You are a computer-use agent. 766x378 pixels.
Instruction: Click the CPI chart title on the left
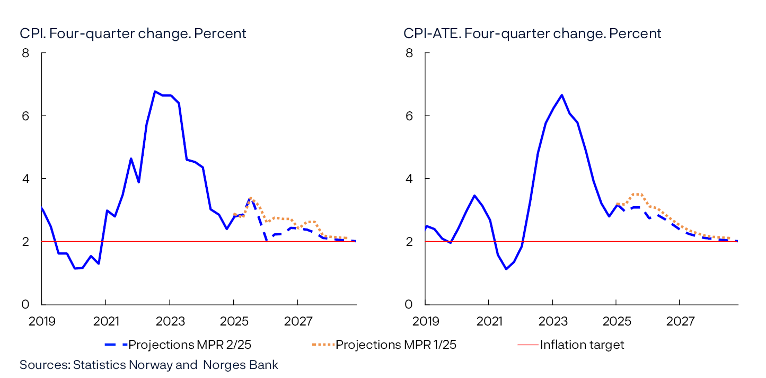pos(133,33)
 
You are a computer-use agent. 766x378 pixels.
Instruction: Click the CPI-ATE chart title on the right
pos(532,33)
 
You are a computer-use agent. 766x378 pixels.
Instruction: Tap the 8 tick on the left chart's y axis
pos(25,53)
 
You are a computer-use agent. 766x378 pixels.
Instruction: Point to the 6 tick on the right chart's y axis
pos(409,116)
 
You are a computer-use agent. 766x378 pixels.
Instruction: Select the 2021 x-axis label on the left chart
pos(105,321)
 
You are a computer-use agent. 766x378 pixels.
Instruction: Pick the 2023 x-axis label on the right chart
pos(552,321)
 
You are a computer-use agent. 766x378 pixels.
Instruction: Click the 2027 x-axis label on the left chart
pos(297,321)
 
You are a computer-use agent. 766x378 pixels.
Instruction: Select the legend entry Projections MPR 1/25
pos(396,345)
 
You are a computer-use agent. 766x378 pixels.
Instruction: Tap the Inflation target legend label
pos(582,345)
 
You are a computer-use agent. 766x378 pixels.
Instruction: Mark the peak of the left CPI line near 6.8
pos(155,91)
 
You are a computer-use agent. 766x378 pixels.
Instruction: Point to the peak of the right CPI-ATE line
pos(561,95)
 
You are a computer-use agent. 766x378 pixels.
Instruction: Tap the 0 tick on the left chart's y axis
pos(25,304)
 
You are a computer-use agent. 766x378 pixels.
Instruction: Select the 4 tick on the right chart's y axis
pos(409,179)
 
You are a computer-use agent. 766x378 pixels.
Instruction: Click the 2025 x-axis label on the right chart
pos(616,321)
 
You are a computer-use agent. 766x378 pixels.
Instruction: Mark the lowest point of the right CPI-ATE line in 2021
pos(506,269)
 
